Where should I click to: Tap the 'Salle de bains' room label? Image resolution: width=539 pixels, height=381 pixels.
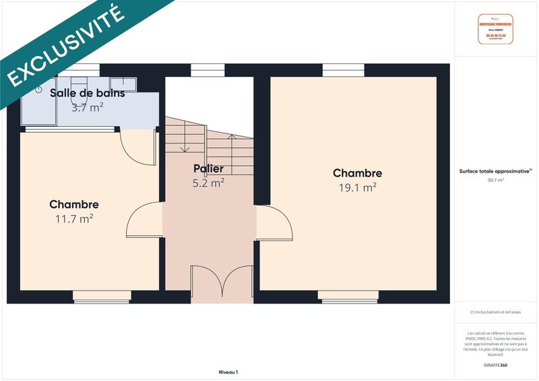pyautogui.click(x=88, y=93)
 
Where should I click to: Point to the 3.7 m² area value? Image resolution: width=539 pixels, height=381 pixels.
pyautogui.click(x=88, y=107)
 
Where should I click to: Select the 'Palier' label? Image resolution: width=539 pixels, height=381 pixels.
pyautogui.click(x=208, y=169)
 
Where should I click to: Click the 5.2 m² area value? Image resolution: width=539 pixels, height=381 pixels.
pyautogui.click(x=208, y=182)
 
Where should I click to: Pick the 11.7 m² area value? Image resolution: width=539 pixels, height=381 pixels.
pyautogui.click(x=74, y=218)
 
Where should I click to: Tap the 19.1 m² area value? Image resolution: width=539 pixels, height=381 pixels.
pyautogui.click(x=357, y=187)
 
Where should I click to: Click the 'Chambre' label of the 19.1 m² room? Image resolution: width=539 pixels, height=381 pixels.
pyautogui.click(x=357, y=173)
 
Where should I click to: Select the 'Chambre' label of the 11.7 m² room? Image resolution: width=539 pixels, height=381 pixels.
pyautogui.click(x=74, y=204)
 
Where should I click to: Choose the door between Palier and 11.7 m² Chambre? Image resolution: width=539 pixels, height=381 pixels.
pyautogui.click(x=144, y=218)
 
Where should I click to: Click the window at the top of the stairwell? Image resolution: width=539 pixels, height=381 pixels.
pyautogui.click(x=208, y=69)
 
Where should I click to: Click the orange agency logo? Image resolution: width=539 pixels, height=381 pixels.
pyautogui.click(x=495, y=29)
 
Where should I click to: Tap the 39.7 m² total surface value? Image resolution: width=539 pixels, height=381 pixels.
pyautogui.click(x=495, y=180)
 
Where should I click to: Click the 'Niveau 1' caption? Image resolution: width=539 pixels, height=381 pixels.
pyautogui.click(x=228, y=372)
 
